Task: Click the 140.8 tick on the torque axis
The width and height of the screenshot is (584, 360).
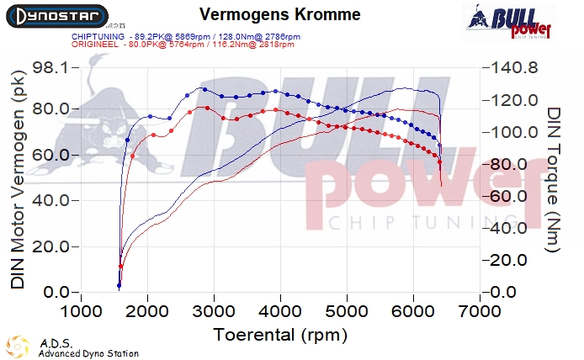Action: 515,68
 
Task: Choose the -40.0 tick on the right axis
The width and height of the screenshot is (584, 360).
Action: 515,228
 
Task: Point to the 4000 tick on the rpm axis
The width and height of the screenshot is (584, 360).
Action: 280,310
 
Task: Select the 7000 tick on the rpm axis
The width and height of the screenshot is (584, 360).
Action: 480,310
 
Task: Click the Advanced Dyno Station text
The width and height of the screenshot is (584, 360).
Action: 88,353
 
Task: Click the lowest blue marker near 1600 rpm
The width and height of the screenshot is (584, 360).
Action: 119,286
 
